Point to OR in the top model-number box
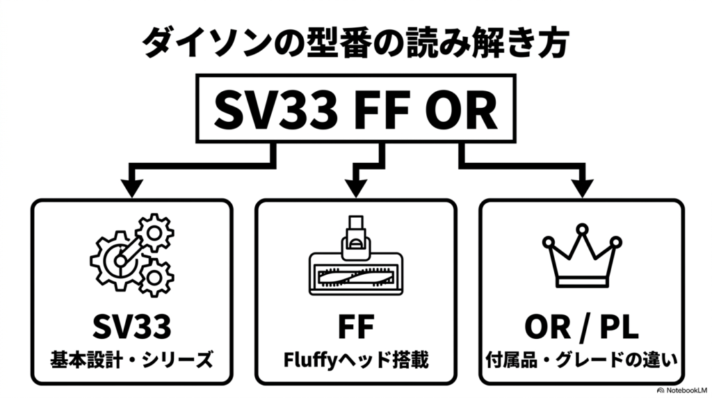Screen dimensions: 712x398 [x=460, y=109]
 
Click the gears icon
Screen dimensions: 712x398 [x=132, y=255]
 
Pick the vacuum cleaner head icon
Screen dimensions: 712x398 [x=356, y=255]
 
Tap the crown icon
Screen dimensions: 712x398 [x=582, y=255]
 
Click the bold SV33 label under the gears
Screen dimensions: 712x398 [x=132, y=326]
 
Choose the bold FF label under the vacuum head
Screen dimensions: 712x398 [x=356, y=326]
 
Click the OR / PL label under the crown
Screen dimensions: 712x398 [x=582, y=326]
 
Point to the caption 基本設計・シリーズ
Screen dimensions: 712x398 [x=131, y=360]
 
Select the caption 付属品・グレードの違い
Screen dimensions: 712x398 [x=582, y=360]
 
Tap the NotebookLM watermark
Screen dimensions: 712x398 [x=682, y=390]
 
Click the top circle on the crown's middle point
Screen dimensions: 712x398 [x=582, y=229]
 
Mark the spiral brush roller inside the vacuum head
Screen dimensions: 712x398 [x=356, y=277]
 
